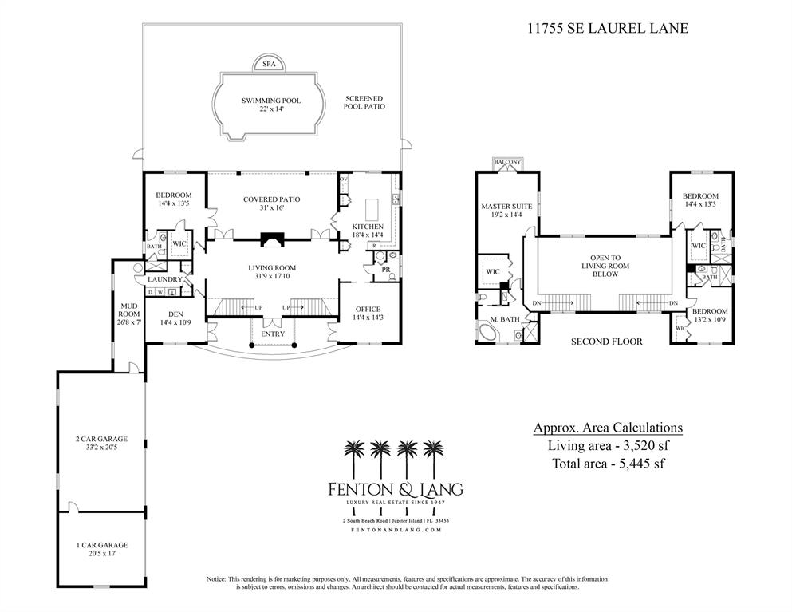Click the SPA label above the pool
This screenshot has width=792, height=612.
[271, 64]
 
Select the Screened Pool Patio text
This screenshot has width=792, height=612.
[364, 102]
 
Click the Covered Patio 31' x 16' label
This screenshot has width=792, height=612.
[272, 203]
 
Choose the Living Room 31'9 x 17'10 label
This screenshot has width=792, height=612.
[272, 272]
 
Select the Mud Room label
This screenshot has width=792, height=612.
[128, 313]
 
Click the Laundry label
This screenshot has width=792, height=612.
[164, 279]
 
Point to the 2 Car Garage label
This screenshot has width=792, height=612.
[100, 444]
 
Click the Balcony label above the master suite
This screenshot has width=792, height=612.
[507, 162]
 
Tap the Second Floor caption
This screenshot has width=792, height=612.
[606, 342]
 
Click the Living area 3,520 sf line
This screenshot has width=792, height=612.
[608, 446]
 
